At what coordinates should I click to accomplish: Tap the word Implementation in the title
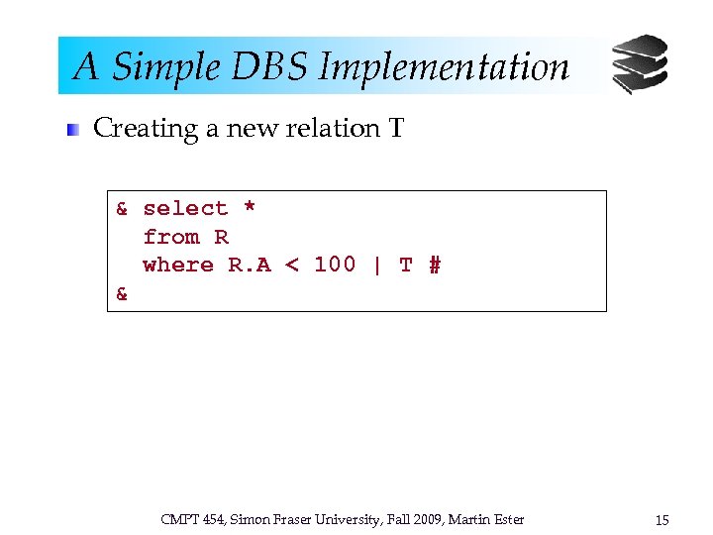point(444,67)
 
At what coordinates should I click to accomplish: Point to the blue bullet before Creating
point(72,130)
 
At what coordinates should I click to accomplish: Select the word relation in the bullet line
point(318,129)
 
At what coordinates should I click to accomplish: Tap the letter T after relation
point(396,129)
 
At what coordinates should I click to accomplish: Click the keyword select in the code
point(185,208)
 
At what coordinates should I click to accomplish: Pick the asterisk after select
point(250,208)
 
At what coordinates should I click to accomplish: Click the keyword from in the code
point(170,237)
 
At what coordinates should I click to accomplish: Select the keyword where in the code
point(178,265)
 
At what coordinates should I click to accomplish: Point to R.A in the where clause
point(250,265)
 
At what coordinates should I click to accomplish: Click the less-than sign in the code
point(292,265)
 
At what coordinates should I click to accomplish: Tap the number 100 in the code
point(335,265)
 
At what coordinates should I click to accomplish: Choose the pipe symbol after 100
point(377,265)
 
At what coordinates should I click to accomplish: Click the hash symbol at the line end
point(434,265)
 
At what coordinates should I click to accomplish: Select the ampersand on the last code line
point(122,293)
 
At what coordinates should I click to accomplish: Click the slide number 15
point(662,519)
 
